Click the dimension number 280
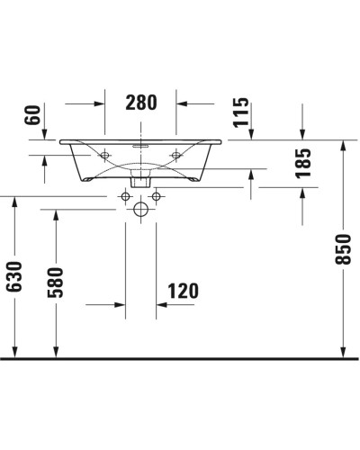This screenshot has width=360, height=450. pyautogui.click(x=140, y=102)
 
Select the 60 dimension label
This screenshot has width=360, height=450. pyautogui.click(x=32, y=114)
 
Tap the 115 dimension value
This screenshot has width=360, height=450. pyautogui.click(x=241, y=112)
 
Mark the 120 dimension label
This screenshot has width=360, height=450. pyautogui.click(x=183, y=291)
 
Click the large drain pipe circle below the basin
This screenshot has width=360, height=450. pyautogui.click(x=140, y=211)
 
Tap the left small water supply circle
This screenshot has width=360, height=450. pyautogui.click(x=124, y=195)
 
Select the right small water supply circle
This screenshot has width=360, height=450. pyautogui.click(x=157, y=195)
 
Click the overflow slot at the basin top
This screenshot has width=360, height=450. pyautogui.click(x=140, y=143)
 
